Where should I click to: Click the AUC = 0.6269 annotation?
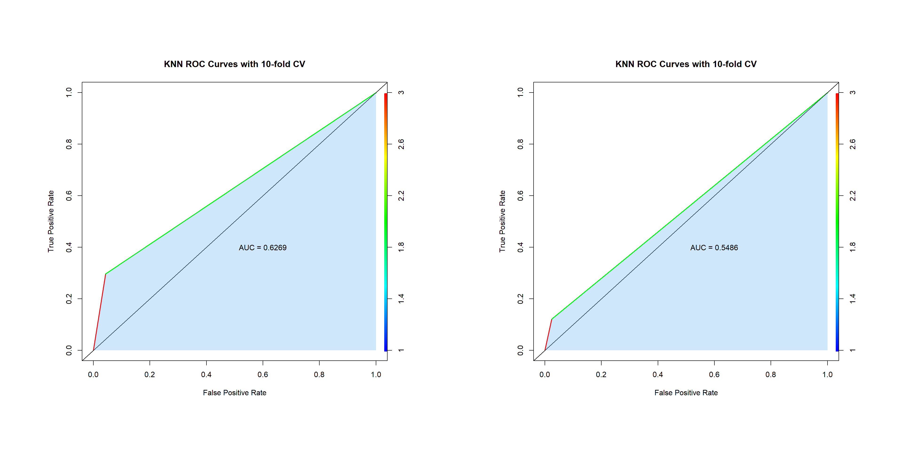(263, 248)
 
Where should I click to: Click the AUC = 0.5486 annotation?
(714, 248)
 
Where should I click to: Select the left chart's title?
(234, 64)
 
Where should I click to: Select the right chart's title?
(686, 64)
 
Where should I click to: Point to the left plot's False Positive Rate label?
(234, 393)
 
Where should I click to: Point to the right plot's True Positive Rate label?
(502, 221)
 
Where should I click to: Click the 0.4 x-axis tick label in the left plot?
(206, 375)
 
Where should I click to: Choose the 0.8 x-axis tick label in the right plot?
(771, 375)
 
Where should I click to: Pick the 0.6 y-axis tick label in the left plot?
(69, 195)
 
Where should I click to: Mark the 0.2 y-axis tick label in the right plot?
(521, 299)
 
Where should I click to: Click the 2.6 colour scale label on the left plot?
(401, 144)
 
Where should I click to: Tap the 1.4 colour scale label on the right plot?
(853, 299)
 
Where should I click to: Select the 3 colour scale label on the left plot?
(401, 92)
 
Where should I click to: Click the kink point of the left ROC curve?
(106, 274)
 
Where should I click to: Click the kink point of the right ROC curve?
(552, 319)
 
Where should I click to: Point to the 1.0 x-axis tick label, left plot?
(376, 375)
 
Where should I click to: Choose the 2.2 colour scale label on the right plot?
(853, 195)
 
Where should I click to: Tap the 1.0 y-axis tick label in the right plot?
(521, 92)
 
